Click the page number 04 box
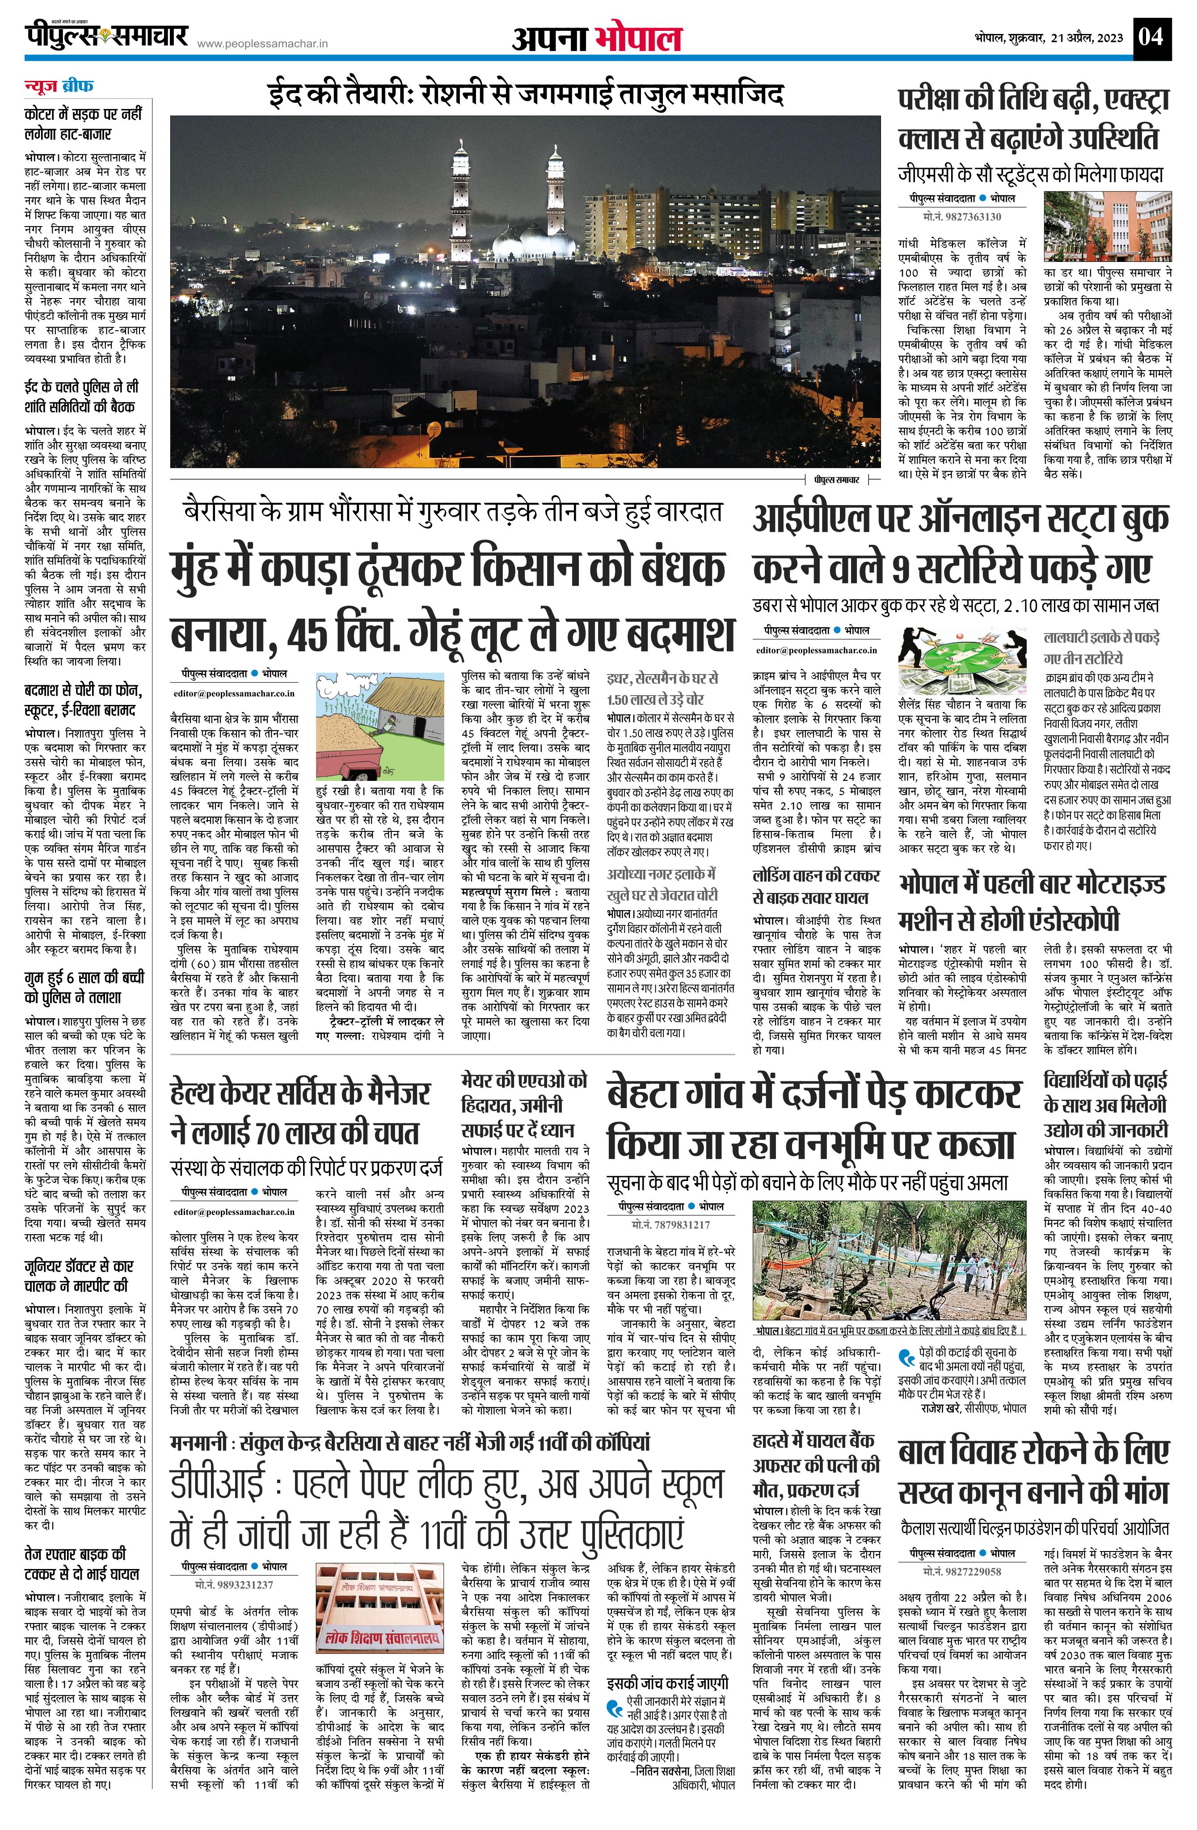coord(1152,36)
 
